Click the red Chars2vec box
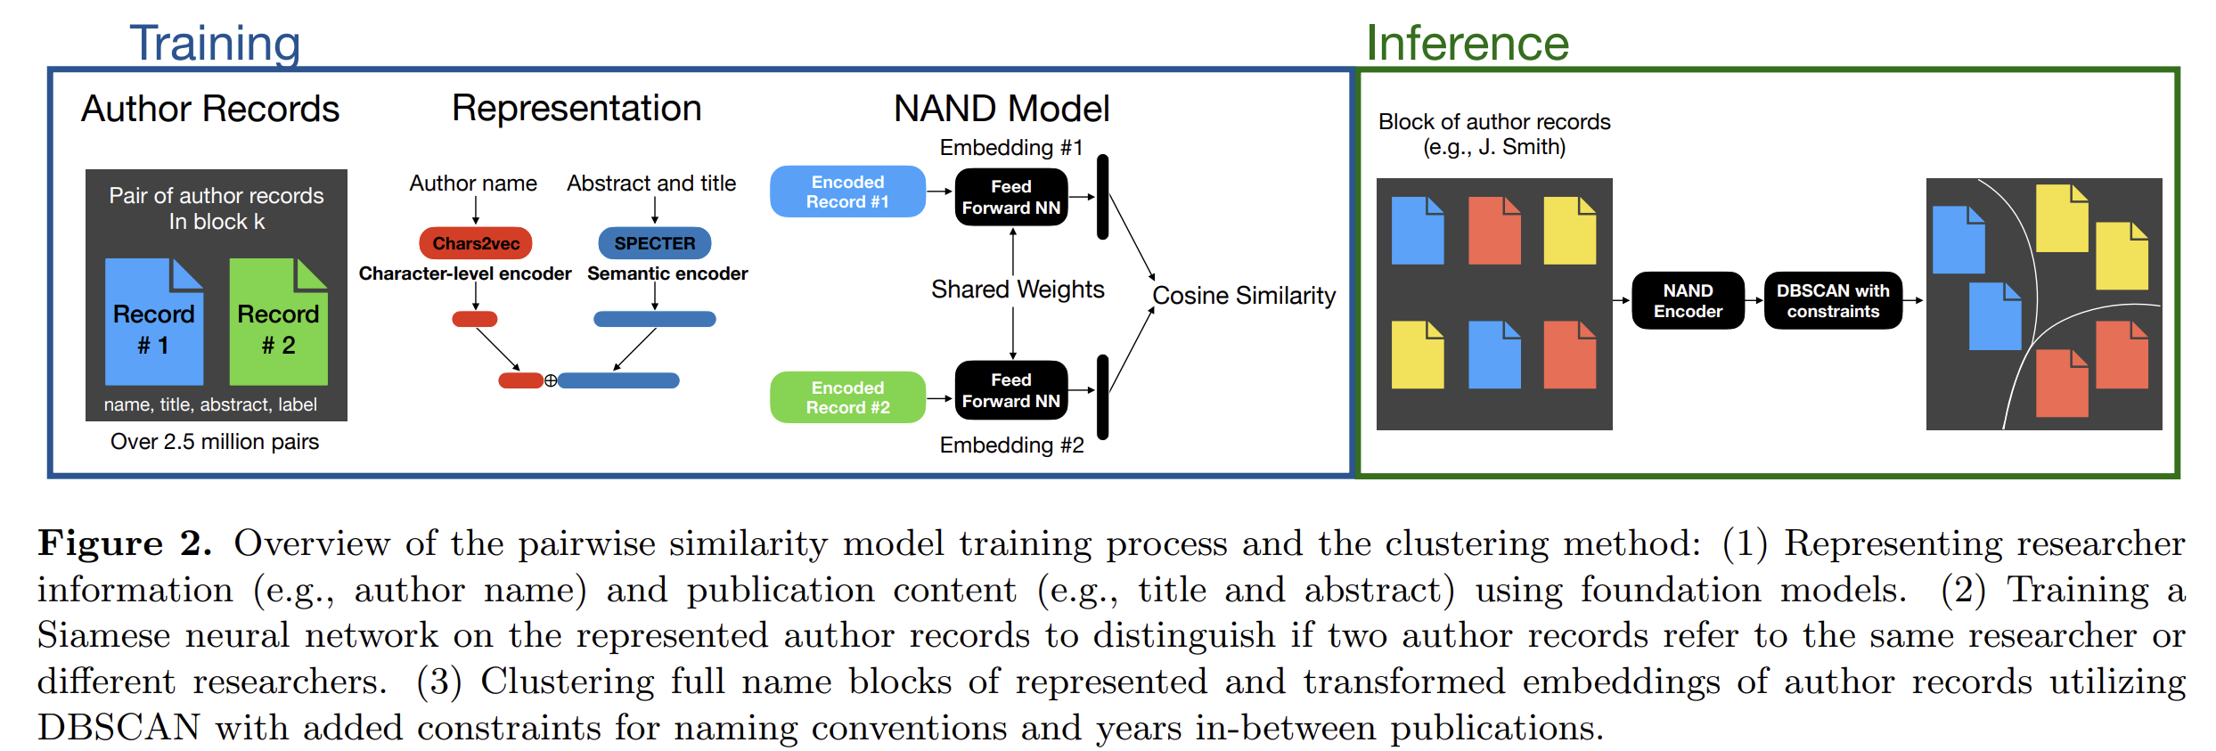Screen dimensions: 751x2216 [476, 243]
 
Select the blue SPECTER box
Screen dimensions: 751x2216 [654, 243]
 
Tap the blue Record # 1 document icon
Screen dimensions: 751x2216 [154, 322]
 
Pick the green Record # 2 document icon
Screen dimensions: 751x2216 [278, 322]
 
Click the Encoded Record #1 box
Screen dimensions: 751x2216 [847, 192]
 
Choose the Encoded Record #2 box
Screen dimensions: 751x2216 [847, 397]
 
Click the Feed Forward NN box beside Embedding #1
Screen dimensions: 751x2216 [1011, 197]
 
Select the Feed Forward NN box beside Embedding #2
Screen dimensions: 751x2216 [1011, 390]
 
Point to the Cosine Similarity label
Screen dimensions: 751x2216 [1244, 296]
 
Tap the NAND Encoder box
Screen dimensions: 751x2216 [1688, 301]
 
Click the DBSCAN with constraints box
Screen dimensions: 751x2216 [1833, 301]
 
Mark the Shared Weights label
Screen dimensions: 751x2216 [1018, 290]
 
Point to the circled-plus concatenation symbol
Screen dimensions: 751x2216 [551, 381]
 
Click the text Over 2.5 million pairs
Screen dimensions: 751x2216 [215, 442]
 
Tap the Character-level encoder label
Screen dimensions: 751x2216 [465, 274]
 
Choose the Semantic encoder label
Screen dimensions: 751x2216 [667, 274]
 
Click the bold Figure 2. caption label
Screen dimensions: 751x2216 [125, 543]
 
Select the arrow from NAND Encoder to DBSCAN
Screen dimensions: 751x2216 [1754, 301]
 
